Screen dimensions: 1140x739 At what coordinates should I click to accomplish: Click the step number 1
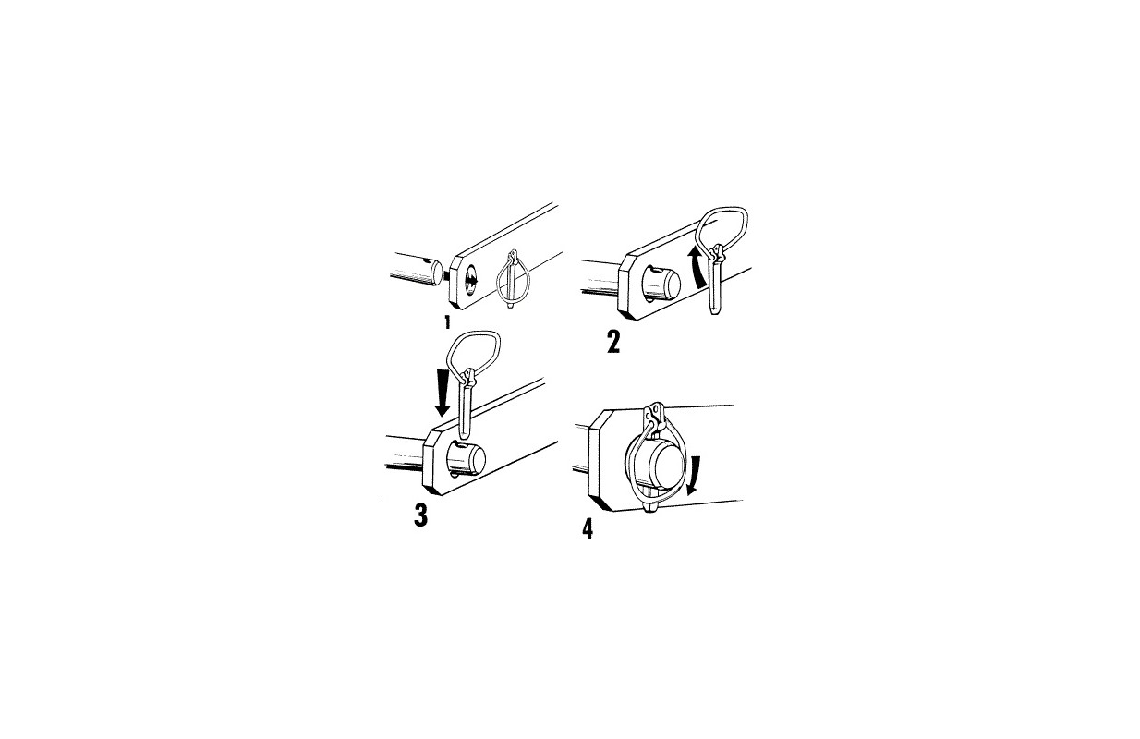pyautogui.click(x=447, y=322)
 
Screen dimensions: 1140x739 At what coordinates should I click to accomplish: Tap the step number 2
pyautogui.click(x=613, y=342)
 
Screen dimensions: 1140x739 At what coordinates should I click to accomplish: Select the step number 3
pyautogui.click(x=420, y=515)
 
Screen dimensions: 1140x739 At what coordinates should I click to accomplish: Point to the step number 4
pyautogui.click(x=588, y=529)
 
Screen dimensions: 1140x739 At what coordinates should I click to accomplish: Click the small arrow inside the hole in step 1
pyautogui.click(x=471, y=280)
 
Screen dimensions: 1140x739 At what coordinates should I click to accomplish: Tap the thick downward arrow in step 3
pyautogui.click(x=443, y=393)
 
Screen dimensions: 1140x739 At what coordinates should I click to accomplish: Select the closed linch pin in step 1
pyautogui.click(x=513, y=278)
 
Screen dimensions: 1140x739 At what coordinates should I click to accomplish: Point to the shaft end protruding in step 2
pyautogui.click(x=661, y=283)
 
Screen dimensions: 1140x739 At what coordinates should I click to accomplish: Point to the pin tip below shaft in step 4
pyautogui.click(x=651, y=507)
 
